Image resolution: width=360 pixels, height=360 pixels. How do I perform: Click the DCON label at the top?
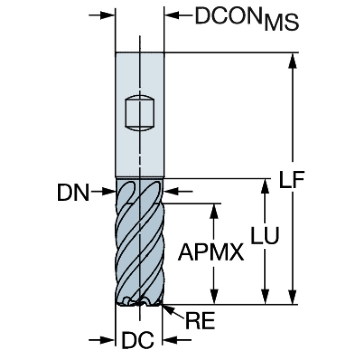tap(229, 15)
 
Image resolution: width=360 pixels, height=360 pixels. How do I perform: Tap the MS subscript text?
tap(282, 23)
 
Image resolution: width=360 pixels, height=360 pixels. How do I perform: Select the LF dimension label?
tap(292, 180)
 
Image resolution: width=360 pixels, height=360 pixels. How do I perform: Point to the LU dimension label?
tap(265, 235)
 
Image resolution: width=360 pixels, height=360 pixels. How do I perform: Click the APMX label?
tap(211, 253)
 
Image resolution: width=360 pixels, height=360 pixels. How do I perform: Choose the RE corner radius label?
tap(200, 321)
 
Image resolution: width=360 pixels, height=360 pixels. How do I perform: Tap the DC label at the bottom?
tap(138, 340)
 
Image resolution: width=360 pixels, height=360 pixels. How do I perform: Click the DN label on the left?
tap(73, 193)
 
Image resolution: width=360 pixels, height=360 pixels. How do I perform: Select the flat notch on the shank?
tap(139, 113)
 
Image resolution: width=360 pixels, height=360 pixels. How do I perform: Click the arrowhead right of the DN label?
tap(108, 191)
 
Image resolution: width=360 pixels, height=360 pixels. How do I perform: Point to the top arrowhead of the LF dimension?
tap(292, 61)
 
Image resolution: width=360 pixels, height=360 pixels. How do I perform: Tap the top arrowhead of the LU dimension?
tap(265, 186)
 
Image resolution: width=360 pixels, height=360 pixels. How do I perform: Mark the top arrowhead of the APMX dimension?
tap(214, 211)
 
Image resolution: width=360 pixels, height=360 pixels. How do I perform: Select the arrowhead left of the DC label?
tap(107, 340)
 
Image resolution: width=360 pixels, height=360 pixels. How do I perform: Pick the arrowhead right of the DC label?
tap(169, 340)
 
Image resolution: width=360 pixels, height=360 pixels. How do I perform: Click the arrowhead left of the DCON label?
tap(172, 15)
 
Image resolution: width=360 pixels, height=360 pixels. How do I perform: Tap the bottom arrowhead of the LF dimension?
tap(292, 297)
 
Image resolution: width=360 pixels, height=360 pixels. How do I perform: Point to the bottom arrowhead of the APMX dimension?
tap(214, 297)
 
